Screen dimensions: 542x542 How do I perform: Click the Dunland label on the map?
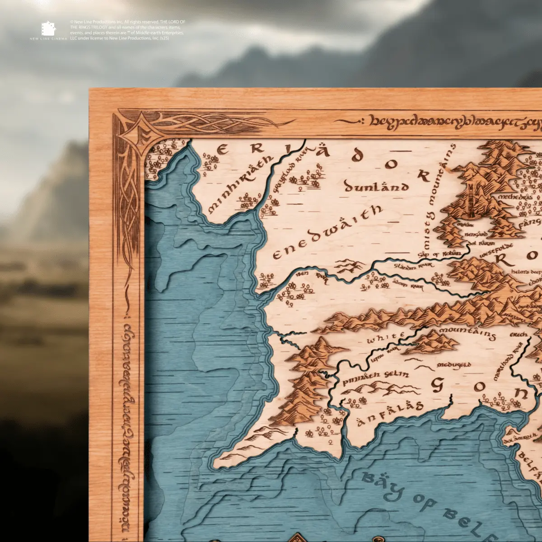pos(376,186)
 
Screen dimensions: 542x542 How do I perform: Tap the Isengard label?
pos(476,235)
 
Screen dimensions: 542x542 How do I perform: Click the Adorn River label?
pos(408,285)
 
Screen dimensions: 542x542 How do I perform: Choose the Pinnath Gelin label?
pos(375,378)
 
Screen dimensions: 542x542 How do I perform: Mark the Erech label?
pos(518,335)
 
